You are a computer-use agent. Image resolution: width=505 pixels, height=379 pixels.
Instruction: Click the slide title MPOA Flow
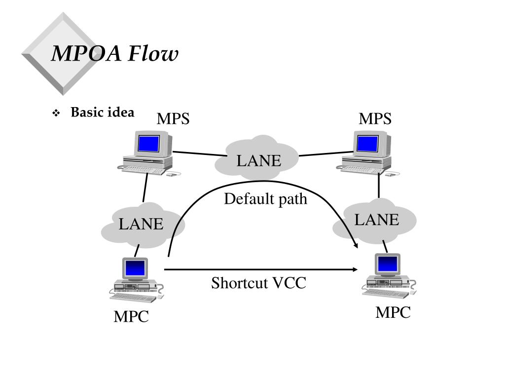114,54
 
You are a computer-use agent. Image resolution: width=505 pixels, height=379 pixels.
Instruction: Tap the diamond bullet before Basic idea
56,114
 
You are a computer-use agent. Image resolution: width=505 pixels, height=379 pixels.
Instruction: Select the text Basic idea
102,113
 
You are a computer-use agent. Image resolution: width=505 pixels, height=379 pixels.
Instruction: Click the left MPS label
173,119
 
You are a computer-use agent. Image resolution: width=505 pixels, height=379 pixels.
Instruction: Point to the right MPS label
375,119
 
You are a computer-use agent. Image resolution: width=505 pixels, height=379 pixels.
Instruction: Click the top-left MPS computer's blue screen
149,144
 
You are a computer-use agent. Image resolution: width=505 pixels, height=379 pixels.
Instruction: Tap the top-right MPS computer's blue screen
367,144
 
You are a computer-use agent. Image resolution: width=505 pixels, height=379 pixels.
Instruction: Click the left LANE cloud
142,225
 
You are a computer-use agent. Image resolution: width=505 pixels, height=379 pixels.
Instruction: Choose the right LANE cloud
376,220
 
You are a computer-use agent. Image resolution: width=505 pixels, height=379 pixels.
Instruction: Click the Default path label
265,199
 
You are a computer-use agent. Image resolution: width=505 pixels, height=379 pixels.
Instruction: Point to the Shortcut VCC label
258,283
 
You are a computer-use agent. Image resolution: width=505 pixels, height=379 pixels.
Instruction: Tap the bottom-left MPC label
131,316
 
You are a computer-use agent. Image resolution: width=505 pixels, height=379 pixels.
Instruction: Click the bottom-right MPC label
393,312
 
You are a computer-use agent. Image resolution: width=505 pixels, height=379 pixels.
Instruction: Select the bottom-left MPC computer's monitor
135,268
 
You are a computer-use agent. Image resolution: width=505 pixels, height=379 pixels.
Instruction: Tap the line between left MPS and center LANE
195,154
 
